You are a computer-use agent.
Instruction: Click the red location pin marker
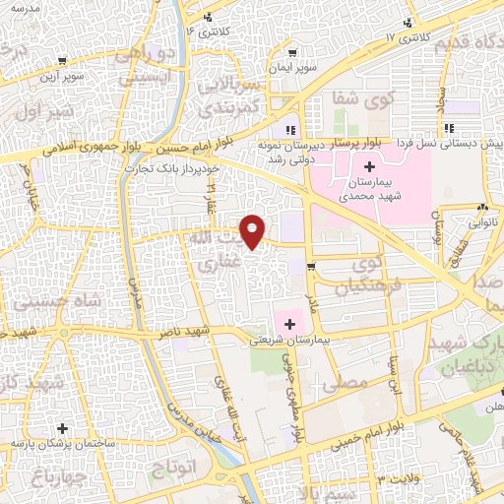click(254, 230)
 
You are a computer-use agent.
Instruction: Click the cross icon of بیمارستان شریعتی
click(291, 323)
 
